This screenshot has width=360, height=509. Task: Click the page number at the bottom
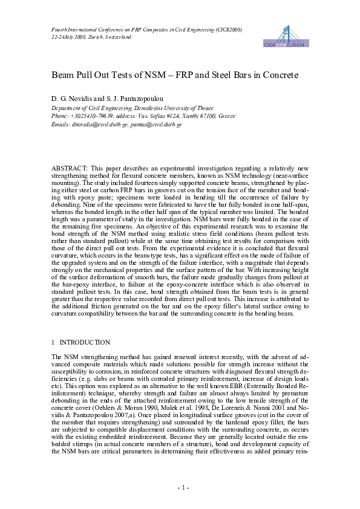(180, 487)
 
